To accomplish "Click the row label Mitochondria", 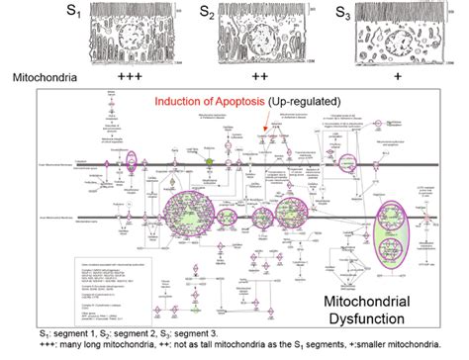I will coord(39,76).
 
